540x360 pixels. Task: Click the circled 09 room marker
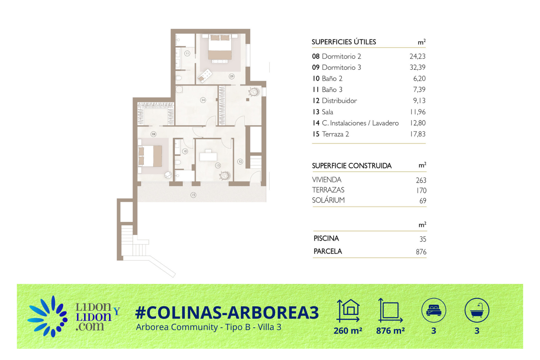coord(231,76)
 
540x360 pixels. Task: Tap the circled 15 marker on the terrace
coord(193,195)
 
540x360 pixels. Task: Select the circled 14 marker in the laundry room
coord(203,100)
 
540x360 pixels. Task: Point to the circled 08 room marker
coord(153,134)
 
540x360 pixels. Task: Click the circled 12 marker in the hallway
coord(240,161)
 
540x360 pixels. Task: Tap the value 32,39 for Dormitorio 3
coord(417,67)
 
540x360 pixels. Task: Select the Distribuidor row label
coord(339,101)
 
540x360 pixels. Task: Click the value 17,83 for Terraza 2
coord(418,134)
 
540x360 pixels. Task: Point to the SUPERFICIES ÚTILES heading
coord(344,42)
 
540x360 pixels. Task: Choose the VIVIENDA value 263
coord(421,180)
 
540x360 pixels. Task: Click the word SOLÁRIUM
coord(328,200)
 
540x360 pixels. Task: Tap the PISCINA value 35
coord(423,239)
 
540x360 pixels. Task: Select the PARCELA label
coord(328,251)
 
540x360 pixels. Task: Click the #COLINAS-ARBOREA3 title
coord(227,312)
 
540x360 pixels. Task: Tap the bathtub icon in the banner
coord(477,310)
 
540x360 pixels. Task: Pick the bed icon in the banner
coord(434,310)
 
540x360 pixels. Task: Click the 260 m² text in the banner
coord(348,331)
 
